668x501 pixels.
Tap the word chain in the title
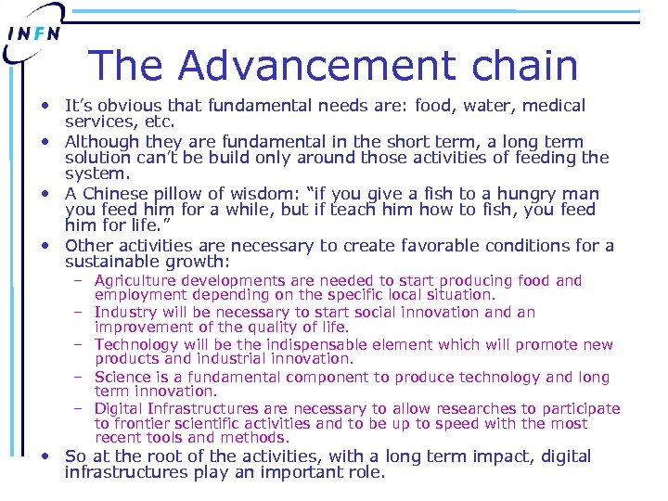pos(525,66)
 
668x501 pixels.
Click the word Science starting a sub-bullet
pos(122,377)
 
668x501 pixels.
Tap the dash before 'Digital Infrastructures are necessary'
pos(81,409)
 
